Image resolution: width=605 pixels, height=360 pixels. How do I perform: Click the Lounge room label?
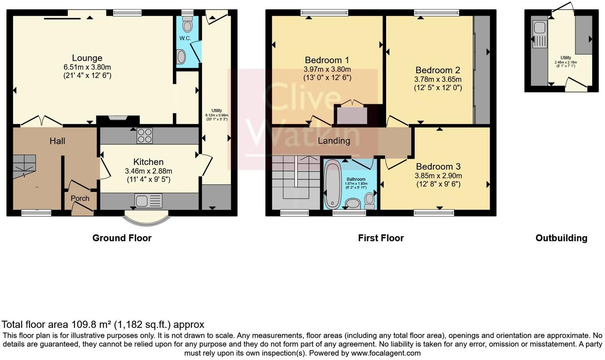point(87,58)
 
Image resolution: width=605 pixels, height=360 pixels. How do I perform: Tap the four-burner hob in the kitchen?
point(144,135)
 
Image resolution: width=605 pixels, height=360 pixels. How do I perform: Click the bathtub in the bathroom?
point(331,184)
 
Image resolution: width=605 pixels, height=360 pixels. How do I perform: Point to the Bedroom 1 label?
point(327,60)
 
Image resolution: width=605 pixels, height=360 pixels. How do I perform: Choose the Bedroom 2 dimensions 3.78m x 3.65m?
point(438,79)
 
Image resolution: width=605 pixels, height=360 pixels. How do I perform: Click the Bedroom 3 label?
point(438,166)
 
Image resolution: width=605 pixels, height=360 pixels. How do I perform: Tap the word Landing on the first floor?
point(334,141)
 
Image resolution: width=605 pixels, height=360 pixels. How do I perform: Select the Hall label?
point(57,141)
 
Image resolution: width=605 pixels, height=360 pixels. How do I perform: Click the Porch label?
point(80,198)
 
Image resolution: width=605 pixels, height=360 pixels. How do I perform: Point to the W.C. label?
point(185,38)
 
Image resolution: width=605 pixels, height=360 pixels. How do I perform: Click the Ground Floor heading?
point(122,238)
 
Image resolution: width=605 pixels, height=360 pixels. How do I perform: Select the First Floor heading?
point(381,238)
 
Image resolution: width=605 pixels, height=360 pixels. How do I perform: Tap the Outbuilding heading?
point(561,238)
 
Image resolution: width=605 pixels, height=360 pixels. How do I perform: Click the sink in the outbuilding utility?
point(540,28)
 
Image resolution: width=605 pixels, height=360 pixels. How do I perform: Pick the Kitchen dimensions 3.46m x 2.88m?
point(148,171)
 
